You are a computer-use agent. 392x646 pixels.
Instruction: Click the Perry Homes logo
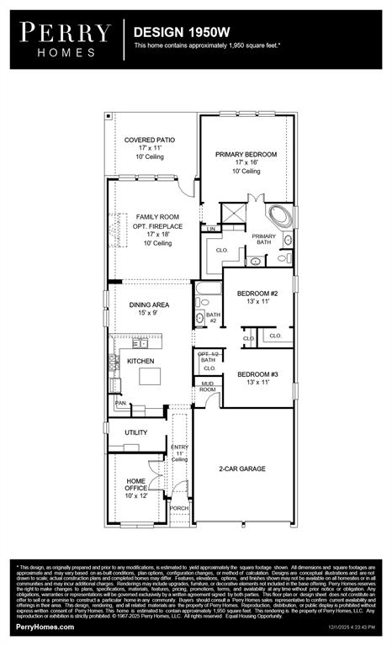tap(66, 40)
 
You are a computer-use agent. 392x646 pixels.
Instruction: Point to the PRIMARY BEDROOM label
tap(246, 154)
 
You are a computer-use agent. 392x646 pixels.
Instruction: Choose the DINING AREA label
tap(149, 305)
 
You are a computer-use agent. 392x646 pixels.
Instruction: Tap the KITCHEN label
tap(140, 360)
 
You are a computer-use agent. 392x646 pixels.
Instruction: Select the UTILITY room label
tap(135, 432)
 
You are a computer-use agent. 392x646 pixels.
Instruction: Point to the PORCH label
tap(179, 508)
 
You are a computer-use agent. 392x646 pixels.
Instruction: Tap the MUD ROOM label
tap(207, 386)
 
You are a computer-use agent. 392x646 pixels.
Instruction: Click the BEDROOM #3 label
tap(257, 373)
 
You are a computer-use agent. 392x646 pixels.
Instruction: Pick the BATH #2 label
tap(212, 318)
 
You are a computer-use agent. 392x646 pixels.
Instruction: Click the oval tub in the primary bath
tap(278, 217)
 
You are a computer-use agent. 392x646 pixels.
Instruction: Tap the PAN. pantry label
tap(120, 404)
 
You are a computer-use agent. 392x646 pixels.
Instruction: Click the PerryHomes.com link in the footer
tap(43, 627)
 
